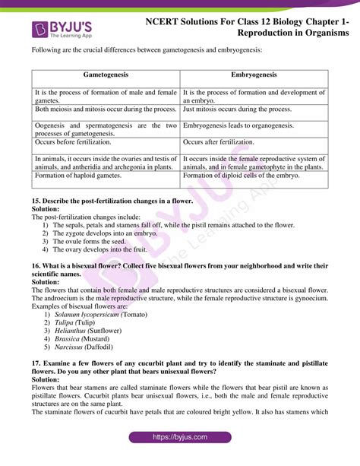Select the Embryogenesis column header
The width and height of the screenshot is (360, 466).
(254, 75)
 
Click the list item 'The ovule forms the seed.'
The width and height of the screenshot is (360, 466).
(91, 241)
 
